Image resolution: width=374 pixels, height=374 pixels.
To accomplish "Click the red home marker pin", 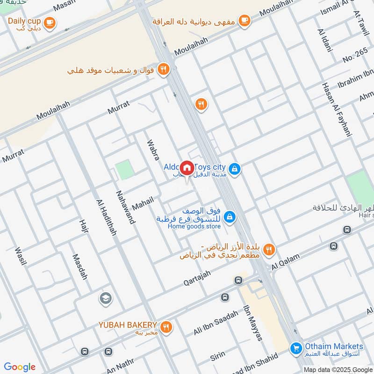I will pos(187,168).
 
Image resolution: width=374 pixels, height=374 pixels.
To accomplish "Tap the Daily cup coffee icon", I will pos(49,22).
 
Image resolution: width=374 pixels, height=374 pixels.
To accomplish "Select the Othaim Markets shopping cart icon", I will pos(295,348).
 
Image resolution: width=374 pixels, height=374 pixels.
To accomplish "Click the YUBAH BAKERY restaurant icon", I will pos(165,326).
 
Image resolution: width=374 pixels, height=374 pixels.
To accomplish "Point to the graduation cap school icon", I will pos(105,298).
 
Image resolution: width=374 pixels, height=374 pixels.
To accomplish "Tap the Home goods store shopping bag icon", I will pos(229,217).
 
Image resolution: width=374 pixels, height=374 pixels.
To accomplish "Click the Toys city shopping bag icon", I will pos(235,168).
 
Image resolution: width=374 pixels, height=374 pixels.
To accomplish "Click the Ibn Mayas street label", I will pos(253,323).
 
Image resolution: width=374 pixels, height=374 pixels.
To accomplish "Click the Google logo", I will pos(20,367).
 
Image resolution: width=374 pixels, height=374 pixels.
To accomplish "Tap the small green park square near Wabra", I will pos(124,170).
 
